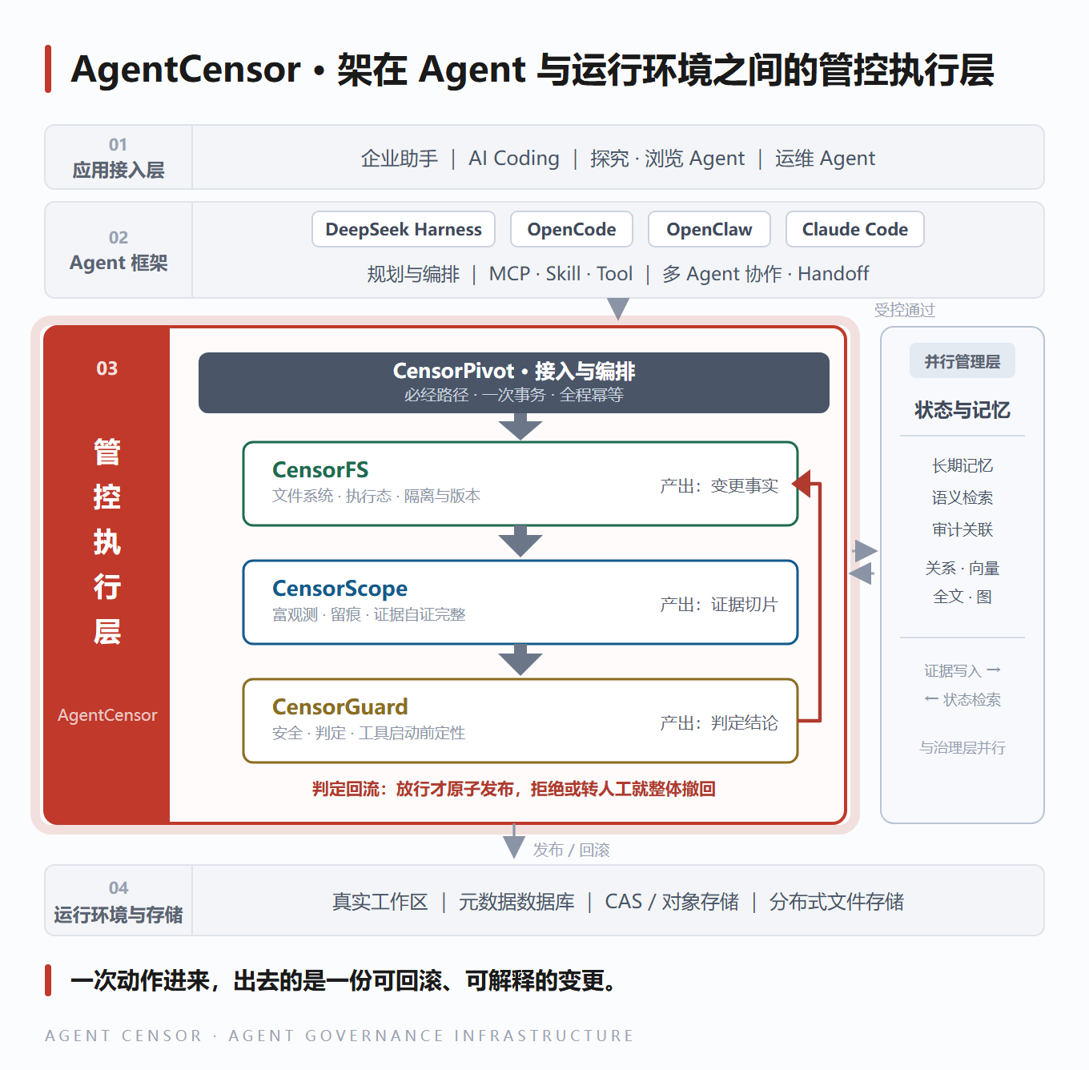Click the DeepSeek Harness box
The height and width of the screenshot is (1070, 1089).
click(404, 229)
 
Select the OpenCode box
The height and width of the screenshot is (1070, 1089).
click(572, 229)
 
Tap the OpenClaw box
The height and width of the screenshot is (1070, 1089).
click(709, 229)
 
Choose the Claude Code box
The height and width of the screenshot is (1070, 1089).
click(855, 229)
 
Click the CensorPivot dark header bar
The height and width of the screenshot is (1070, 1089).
click(514, 383)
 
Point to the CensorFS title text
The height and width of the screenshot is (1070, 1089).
click(320, 469)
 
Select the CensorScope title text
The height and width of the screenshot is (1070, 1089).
click(340, 589)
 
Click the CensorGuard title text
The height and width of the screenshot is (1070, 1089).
click(340, 707)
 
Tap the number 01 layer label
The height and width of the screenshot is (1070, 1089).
click(119, 145)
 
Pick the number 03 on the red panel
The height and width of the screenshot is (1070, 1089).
click(106, 368)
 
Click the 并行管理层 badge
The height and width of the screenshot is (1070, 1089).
click(962, 360)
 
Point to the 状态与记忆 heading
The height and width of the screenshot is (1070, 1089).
click(962, 410)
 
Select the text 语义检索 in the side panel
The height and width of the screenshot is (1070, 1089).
click(962, 498)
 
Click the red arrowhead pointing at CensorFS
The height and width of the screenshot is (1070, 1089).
click(802, 483)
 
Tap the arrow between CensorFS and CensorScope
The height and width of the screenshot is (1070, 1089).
click(520, 541)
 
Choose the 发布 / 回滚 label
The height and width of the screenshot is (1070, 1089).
click(572, 850)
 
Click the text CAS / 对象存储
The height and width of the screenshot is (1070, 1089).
click(671, 902)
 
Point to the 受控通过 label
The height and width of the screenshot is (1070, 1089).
click(904, 310)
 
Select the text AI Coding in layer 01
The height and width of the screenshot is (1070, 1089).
click(514, 159)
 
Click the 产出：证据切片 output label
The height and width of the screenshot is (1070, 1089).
click(719, 605)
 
